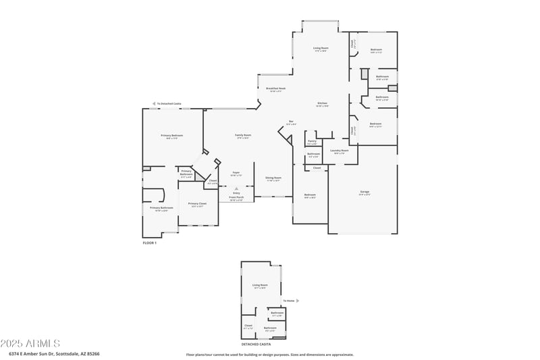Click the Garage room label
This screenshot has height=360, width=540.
click(364, 192)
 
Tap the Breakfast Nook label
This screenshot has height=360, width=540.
click(275, 88)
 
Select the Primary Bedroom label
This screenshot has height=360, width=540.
click(171, 136)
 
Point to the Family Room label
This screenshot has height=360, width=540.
click(243, 135)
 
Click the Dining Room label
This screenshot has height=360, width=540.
click(273, 178)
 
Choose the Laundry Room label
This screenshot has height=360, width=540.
click(340, 151)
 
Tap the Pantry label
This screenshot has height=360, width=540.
click(312, 141)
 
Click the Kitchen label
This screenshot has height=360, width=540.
click(323, 103)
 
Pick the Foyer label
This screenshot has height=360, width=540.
click(236, 173)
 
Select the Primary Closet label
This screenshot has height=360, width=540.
click(197, 203)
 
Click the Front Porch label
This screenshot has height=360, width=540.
click(236, 198)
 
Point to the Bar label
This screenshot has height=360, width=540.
click(291, 122)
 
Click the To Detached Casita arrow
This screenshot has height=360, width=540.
click(153, 103)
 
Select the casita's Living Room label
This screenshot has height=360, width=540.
click(260, 285)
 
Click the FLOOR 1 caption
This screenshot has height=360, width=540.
click(149, 242)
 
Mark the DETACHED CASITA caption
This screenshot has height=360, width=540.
click(255, 344)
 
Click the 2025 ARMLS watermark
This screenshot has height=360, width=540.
click(30, 344)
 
